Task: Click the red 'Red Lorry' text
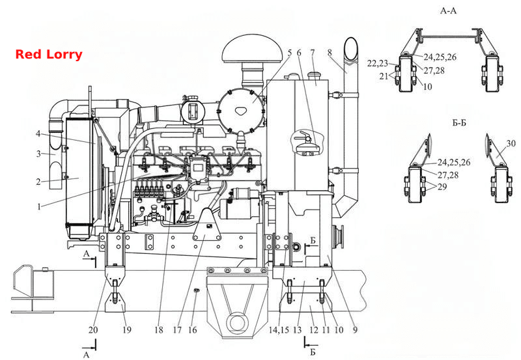(49, 55)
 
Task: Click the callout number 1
(39, 206)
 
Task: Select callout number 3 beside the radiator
(39, 154)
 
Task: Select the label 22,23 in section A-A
(378, 63)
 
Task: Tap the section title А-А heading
(448, 10)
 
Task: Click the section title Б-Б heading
(459, 122)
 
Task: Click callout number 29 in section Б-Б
(442, 187)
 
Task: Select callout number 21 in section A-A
(384, 76)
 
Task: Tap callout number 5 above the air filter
(290, 53)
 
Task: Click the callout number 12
(314, 329)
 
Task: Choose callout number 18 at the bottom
(159, 329)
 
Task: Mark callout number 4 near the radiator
(38, 133)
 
